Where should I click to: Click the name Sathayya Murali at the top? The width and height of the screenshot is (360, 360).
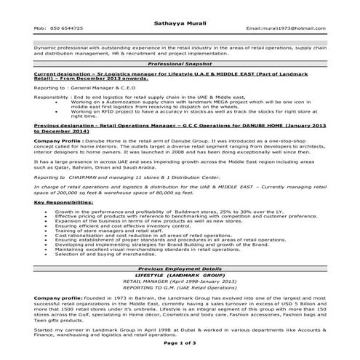click(180, 16)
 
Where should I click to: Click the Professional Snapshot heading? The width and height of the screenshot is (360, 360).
click(180, 63)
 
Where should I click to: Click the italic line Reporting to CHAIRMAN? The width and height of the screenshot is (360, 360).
click(124, 177)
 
